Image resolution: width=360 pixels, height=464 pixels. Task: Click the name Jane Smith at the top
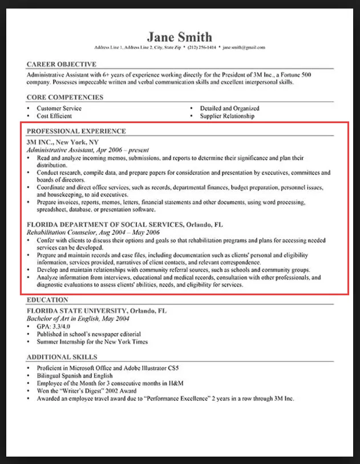(179, 36)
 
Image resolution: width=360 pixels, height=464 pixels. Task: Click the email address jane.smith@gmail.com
(244, 47)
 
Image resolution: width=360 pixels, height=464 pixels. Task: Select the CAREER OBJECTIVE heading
(62, 64)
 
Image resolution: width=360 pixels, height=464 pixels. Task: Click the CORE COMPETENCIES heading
(65, 97)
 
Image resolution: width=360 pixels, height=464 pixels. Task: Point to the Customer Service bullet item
(59, 108)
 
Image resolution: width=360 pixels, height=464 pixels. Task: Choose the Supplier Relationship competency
(227, 116)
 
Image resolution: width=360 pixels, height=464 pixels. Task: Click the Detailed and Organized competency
(229, 108)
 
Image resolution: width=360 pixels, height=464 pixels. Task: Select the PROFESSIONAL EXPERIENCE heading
(76, 131)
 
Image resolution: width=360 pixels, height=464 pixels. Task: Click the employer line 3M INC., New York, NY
(63, 142)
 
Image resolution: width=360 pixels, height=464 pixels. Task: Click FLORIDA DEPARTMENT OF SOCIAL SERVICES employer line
(125, 225)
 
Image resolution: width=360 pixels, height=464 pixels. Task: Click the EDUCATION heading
(47, 299)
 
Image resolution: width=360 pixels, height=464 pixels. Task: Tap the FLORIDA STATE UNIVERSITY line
(97, 311)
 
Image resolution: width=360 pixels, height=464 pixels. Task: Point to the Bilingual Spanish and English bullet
(75, 376)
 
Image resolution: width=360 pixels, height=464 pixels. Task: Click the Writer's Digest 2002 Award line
(87, 392)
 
